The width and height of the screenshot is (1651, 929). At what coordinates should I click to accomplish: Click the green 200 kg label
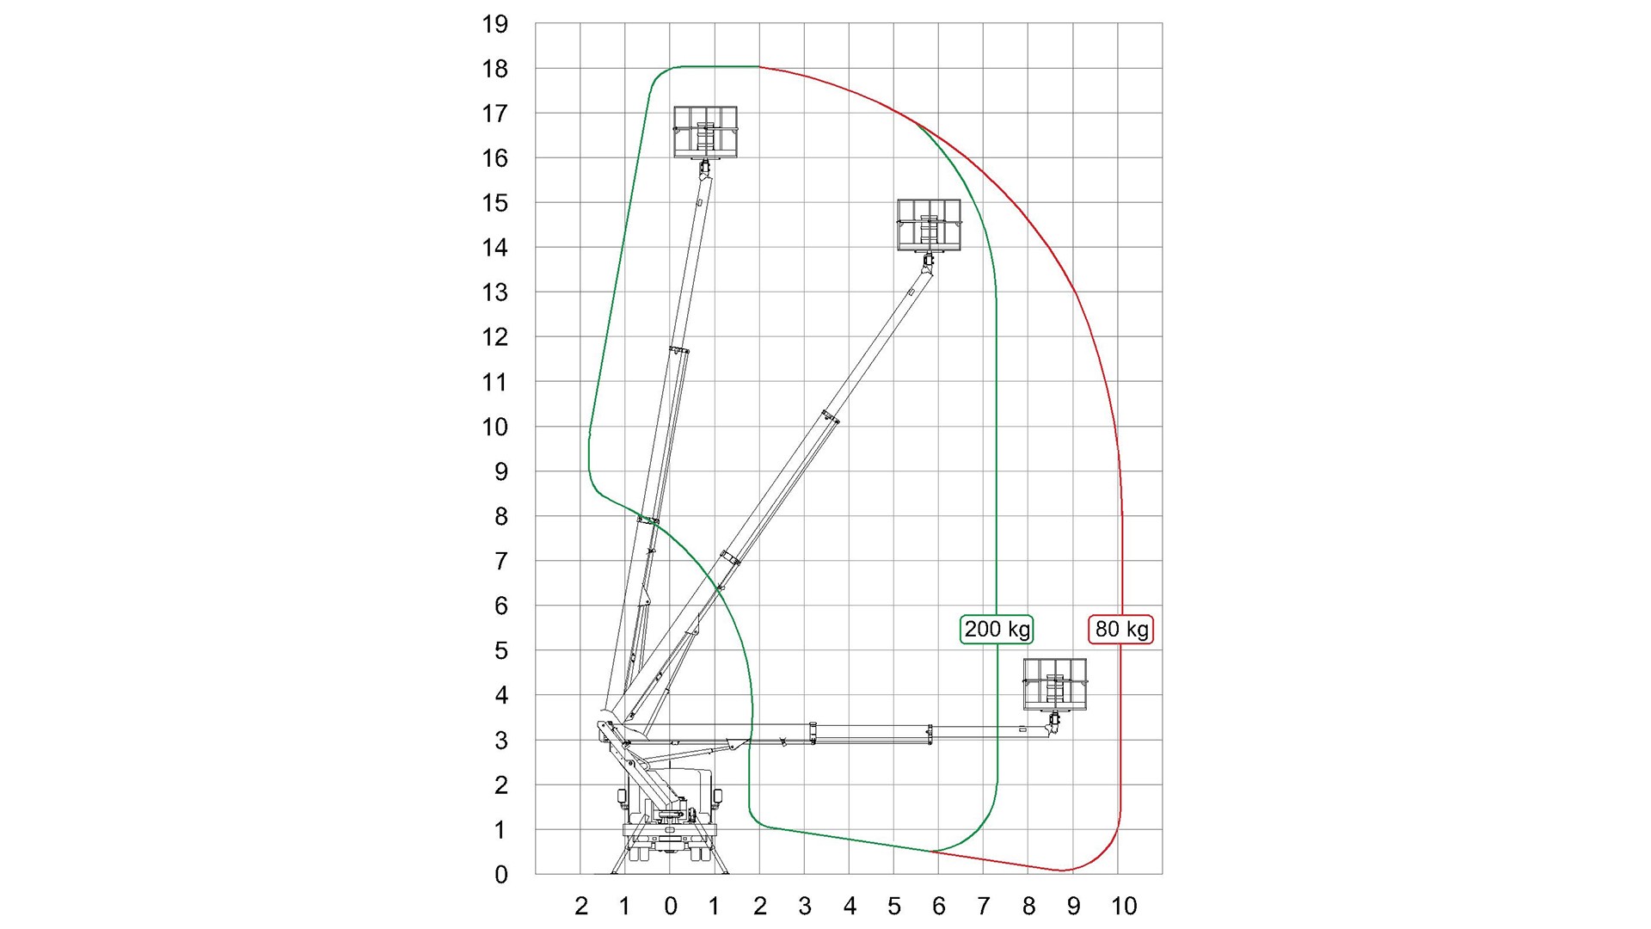click(997, 629)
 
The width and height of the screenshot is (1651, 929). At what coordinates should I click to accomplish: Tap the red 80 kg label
click(1121, 629)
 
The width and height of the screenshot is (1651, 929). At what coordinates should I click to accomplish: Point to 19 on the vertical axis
click(495, 24)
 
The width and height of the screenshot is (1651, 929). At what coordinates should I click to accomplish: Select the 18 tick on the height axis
click(495, 69)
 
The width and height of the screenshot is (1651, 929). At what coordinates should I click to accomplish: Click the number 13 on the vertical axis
click(495, 292)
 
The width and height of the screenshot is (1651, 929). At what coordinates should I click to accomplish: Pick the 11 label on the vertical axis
click(495, 382)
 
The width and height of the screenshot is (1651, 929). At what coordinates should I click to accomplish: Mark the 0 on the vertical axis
click(501, 875)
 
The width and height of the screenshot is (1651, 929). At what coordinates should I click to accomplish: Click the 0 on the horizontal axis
click(671, 906)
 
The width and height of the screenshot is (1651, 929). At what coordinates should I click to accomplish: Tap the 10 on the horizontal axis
click(1124, 906)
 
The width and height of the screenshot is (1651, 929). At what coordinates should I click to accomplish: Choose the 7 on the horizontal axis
click(984, 906)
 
